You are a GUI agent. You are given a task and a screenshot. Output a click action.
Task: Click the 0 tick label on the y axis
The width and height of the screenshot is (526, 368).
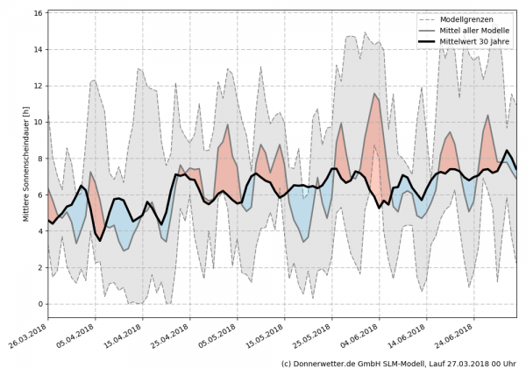pos(40,304)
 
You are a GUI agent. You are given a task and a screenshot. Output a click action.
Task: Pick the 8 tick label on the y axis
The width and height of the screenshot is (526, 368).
pos(40,159)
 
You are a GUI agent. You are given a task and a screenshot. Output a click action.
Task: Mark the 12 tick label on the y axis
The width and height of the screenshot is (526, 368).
pos(38,86)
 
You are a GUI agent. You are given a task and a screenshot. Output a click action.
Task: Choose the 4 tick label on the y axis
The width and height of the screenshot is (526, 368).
pos(40,231)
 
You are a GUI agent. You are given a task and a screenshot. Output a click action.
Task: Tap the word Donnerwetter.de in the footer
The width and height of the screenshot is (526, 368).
pos(330,362)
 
